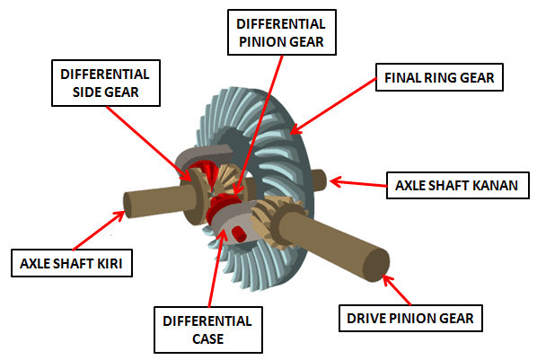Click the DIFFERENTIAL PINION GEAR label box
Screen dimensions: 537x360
coord(282,32)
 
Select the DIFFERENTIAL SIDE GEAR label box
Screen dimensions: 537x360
coord(106,83)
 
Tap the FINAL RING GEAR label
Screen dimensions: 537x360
coord(439,77)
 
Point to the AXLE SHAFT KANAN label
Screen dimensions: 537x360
coord(458,185)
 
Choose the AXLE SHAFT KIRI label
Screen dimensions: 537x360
coord(72,263)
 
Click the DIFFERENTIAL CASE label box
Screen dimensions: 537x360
coord(208,329)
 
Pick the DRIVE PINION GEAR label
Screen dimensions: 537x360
coord(410,318)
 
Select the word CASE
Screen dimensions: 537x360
coord(207,338)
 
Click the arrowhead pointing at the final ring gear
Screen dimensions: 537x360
coord(295,129)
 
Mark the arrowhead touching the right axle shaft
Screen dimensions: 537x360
coord(335,181)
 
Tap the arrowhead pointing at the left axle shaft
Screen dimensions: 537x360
coord(119,215)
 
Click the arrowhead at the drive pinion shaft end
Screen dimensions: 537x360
coord(387,279)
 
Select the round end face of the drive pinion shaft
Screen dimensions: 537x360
coord(376,265)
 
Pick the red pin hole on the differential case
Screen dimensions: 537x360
coord(238,233)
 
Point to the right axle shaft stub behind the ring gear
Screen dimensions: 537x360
coord(320,180)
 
